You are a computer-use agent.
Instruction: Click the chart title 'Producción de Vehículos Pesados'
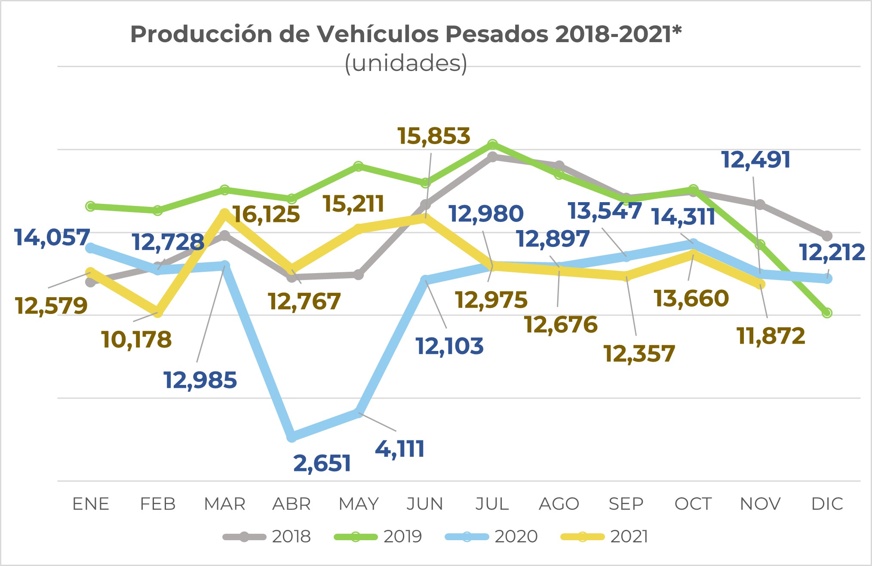coord(406,34)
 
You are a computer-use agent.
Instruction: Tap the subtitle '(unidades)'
coord(406,63)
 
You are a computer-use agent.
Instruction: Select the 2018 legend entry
coord(267,537)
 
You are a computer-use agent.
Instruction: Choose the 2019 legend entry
coord(378,537)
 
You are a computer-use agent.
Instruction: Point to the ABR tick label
coord(292,504)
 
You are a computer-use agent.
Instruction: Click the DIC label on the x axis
coord(827,504)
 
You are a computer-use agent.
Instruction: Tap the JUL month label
coord(492,504)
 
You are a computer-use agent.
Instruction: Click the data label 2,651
coord(322,464)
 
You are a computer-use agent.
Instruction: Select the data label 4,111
coord(400,449)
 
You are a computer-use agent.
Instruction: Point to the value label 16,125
coord(266,214)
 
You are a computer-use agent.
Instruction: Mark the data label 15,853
coord(433,136)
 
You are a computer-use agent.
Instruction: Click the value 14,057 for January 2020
coord(52,237)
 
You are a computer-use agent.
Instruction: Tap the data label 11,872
coord(771,336)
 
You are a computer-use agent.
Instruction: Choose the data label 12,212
coord(832,252)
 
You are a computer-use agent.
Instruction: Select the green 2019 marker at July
coord(493,144)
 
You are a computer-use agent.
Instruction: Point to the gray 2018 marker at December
coord(827,236)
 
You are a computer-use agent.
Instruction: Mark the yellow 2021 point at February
coord(158,312)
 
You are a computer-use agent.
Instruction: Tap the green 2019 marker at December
coord(827,313)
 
